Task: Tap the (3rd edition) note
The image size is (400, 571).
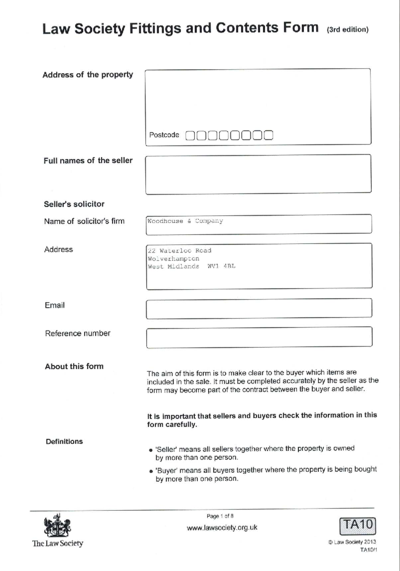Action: [x=347, y=30]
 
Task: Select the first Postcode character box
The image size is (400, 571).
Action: [x=190, y=135]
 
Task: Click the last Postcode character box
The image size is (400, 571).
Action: [x=269, y=135]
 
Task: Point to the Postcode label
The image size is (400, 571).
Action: [x=164, y=135]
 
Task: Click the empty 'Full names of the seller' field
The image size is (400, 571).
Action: [x=258, y=174]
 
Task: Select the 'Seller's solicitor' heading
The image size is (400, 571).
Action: [x=74, y=204]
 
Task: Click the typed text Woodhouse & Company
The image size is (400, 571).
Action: [x=185, y=221]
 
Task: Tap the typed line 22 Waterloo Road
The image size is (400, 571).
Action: [x=180, y=250]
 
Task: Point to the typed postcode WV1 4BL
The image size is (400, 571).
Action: [x=221, y=266]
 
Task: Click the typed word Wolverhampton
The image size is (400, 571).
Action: [x=173, y=259]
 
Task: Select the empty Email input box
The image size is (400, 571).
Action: [x=259, y=308]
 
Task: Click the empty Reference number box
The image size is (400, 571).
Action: [x=259, y=337]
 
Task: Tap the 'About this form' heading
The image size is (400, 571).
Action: [x=74, y=366]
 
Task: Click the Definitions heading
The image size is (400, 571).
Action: [x=64, y=442]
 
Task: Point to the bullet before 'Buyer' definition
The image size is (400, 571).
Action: [x=151, y=471]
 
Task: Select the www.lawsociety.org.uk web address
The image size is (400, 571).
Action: [x=222, y=528]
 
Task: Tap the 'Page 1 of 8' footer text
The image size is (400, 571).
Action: [x=220, y=516]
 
